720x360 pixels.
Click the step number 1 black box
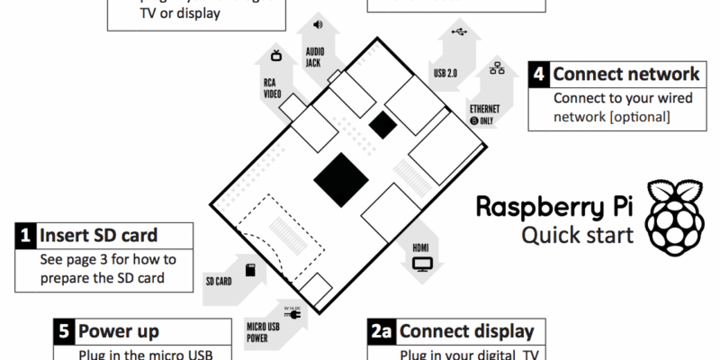25,236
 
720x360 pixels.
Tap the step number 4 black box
538,74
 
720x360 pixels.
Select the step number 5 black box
63,330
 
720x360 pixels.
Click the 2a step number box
382,332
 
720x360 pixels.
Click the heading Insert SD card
98,236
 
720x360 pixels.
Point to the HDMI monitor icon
422,264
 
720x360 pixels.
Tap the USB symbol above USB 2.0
461,33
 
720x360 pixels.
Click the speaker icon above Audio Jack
317,24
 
